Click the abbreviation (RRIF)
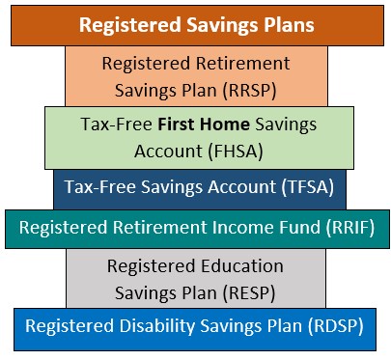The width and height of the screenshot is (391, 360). tap(347, 228)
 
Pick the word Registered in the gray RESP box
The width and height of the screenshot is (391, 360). tap(152, 265)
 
